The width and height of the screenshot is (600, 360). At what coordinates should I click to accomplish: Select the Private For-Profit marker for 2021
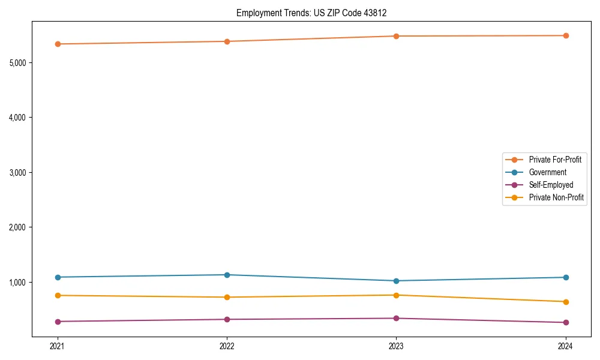(x=58, y=44)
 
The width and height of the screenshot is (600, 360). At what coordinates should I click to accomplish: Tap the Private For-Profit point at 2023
(x=396, y=36)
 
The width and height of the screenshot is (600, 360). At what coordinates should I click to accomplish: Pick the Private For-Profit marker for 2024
(x=566, y=35)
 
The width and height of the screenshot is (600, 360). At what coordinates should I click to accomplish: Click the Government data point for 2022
(x=227, y=275)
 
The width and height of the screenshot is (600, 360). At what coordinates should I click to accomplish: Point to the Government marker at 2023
(x=396, y=281)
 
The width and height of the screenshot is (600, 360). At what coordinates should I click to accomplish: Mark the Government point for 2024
(x=566, y=277)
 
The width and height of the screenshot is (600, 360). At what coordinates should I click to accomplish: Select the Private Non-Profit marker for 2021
(x=58, y=295)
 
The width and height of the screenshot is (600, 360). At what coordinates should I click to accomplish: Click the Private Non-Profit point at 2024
(x=566, y=302)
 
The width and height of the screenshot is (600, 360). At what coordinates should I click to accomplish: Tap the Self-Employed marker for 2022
(x=227, y=319)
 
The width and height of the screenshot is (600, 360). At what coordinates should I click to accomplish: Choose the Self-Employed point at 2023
(x=396, y=318)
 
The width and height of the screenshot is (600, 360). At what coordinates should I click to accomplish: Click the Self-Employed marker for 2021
(x=58, y=322)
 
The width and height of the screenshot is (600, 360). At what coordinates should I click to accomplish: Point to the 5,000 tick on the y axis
(x=17, y=62)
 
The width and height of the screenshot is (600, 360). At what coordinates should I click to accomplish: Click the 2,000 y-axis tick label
(x=17, y=227)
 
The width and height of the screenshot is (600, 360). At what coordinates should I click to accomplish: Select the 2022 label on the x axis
(x=227, y=346)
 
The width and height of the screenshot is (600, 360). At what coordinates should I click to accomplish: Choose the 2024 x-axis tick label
(x=566, y=346)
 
